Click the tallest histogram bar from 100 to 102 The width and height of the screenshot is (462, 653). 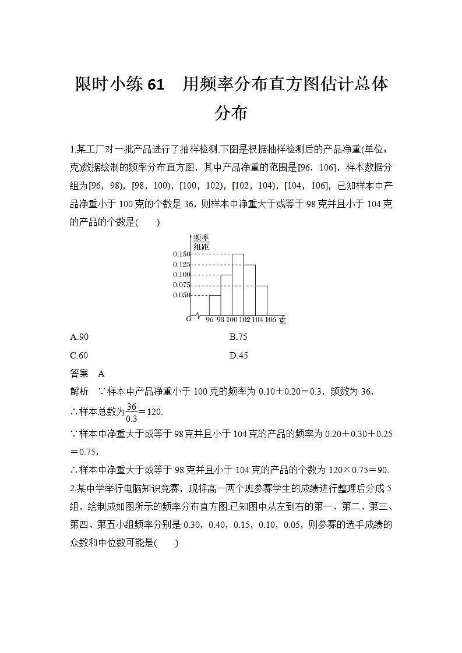coord(238,285)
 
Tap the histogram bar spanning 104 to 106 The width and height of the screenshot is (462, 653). coord(261,300)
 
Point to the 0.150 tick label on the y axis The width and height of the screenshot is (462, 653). coord(182,254)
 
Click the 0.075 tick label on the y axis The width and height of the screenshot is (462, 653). coord(182,285)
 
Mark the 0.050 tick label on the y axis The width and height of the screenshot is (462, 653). coord(182,295)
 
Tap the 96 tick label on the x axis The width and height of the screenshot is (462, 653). coord(210,320)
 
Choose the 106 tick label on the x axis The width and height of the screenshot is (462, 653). coord(270,320)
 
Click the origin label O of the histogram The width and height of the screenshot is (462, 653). coord(188,318)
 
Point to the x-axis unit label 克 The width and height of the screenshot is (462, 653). coord(282,321)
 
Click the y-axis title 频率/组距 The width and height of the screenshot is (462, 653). coord(201,242)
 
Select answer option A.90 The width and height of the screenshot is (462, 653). coord(79,337)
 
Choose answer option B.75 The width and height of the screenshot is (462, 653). coord(238,337)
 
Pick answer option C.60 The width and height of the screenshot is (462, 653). coord(79,356)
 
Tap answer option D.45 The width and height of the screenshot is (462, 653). coord(239,356)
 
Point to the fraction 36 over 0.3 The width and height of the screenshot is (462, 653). coord(131,411)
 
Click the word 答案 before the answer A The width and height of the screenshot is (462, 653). coord(79,374)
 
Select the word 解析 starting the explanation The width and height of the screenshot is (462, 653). coord(79,392)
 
